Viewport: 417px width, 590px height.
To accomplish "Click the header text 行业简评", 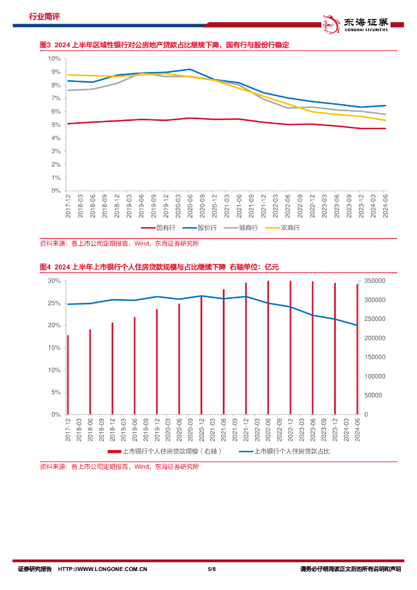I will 44,17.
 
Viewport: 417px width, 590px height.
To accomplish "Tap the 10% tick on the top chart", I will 55,59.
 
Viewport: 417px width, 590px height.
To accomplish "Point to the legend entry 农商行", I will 286,228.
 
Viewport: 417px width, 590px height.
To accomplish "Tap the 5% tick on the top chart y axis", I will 56,124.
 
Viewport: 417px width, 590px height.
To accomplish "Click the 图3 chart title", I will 164,45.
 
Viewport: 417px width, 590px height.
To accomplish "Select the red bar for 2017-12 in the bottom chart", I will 68,375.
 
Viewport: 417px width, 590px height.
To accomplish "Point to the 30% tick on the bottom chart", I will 54,281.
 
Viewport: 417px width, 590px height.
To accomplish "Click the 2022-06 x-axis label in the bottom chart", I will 268,429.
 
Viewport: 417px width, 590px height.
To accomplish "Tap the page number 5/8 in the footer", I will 211,569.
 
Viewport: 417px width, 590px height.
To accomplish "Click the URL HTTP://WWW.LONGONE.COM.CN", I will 103,569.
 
